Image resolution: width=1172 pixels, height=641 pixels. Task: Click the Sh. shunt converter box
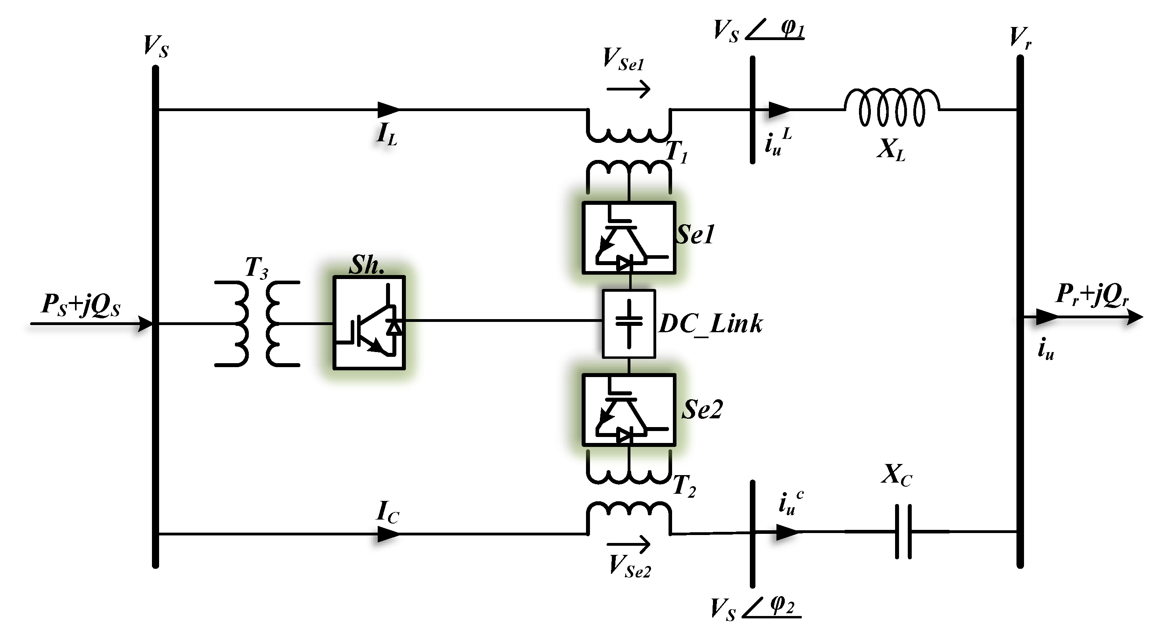(369, 322)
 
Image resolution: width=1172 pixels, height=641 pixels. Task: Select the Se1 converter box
(629, 238)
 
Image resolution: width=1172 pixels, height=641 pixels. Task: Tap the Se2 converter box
(629, 410)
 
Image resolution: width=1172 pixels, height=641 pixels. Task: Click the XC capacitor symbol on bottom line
(903, 531)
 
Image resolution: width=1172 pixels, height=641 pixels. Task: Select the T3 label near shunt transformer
(256, 268)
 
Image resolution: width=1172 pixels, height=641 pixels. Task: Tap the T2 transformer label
(684, 486)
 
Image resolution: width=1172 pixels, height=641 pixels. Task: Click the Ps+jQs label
(81, 305)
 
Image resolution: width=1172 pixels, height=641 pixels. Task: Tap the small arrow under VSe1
(629, 89)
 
